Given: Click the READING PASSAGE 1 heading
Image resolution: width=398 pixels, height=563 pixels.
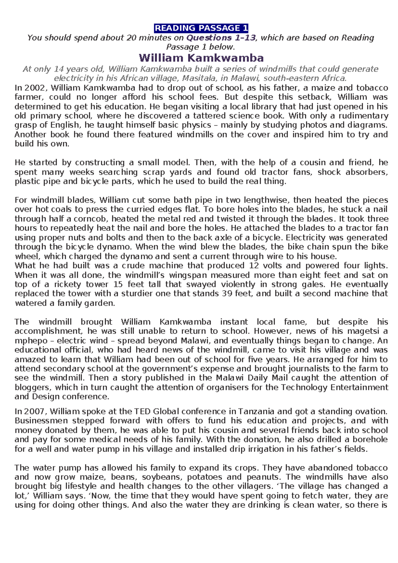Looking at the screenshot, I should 201,28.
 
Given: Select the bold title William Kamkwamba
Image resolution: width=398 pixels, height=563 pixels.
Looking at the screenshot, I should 201,58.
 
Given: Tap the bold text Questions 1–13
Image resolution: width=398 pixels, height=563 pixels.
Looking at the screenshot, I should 221,38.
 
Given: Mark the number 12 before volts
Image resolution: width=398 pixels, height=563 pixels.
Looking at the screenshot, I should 254,266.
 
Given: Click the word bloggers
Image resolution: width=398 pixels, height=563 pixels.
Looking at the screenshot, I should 32,387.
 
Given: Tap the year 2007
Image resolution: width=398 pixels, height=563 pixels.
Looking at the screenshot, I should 35,411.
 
